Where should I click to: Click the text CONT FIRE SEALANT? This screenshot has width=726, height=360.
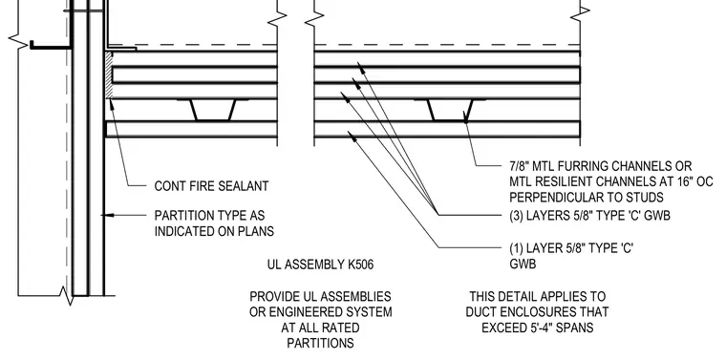[x=211, y=186]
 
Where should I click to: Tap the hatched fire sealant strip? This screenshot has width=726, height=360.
[x=109, y=75]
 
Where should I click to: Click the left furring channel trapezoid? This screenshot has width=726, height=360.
[x=212, y=110]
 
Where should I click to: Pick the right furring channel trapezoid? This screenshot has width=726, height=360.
[x=450, y=110]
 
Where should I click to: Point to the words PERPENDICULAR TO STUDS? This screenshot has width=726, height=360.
[x=587, y=198]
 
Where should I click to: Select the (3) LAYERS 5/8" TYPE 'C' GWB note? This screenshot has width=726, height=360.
[x=589, y=216]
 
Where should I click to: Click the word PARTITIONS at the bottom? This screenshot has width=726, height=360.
[x=320, y=344]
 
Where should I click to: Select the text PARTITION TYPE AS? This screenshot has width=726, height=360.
[x=210, y=216]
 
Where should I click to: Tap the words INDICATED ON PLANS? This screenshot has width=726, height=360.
[x=214, y=231]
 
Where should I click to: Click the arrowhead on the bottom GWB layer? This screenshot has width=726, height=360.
[x=352, y=135]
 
